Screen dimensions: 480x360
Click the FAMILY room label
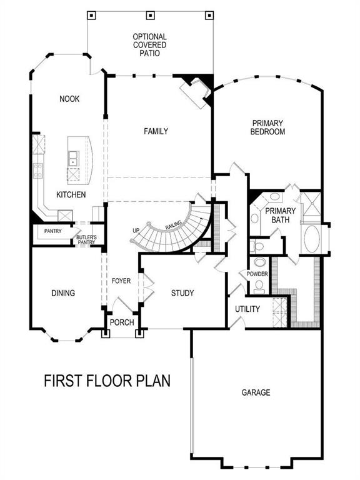click(x=156, y=131)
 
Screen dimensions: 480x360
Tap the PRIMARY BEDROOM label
click(x=267, y=127)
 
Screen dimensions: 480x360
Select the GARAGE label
click(x=256, y=392)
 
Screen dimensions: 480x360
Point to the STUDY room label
click(x=182, y=292)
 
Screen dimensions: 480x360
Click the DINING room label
click(x=63, y=292)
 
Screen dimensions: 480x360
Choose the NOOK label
click(x=69, y=99)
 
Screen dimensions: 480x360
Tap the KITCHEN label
click(x=71, y=195)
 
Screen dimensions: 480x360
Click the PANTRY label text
click(x=52, y=231)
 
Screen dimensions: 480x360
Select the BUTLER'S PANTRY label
click(x=86, y=239)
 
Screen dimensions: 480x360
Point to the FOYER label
click(x=121, y=281)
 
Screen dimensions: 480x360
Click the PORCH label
click(x=121, y=322)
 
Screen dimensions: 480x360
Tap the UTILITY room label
click(x=247, y=309)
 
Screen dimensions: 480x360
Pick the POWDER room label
click(x=257, y=274)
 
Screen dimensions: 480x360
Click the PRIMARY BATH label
click(x=280, y=215)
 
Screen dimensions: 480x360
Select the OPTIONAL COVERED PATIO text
click(x=150, y=46)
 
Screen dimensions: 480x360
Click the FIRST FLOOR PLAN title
click(x=107, y=380)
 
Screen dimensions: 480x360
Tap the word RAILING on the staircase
click(x=173, y=226)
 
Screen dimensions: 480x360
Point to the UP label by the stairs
click(x=136, y=231)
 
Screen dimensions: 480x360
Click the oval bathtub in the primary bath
click(x=311, y=239)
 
